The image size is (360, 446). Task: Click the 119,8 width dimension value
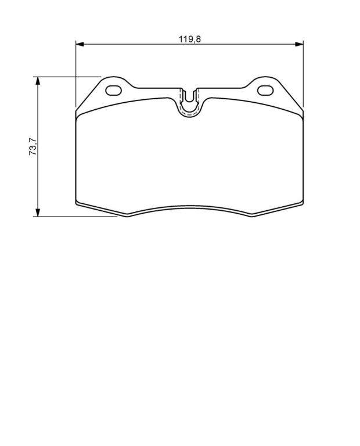point(190,39)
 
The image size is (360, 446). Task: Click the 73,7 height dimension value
point(33,146)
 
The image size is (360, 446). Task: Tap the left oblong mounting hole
point(113,91)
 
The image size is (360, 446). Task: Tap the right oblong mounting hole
point(265,91)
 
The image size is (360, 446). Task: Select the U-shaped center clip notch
point(189,103)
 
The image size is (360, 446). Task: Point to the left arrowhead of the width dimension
point(80,44)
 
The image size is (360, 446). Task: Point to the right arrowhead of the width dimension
point(299,44)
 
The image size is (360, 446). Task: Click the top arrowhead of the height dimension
point(38,81)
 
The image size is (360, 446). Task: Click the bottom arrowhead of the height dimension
point(38,212)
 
